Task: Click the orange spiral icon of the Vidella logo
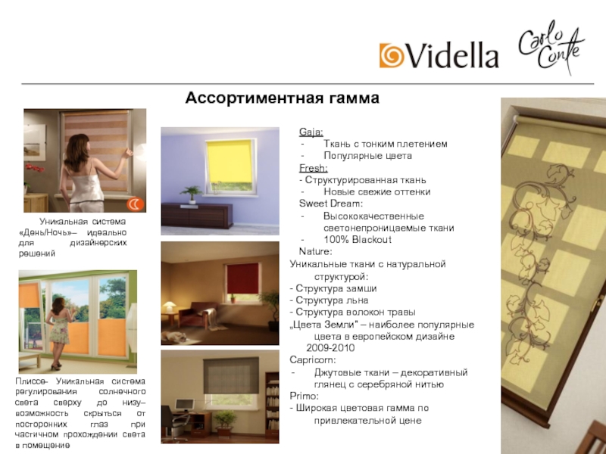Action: (x=392, y=55)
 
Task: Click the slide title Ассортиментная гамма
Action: (x=282, y=98)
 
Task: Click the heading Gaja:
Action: (x=311, y=132)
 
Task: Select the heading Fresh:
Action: (x=313, y=168)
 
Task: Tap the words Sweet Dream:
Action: (x=330, y=204)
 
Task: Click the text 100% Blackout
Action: (x=357, y=240)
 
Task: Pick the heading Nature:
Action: (x=315, y=251)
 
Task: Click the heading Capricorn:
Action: (x=313, y=360)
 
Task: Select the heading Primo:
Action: (x=305, y=396)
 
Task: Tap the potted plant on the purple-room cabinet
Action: (x=192, y=194)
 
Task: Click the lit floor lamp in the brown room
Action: (x=170, y=306)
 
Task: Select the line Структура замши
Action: (x=333, y=288)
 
